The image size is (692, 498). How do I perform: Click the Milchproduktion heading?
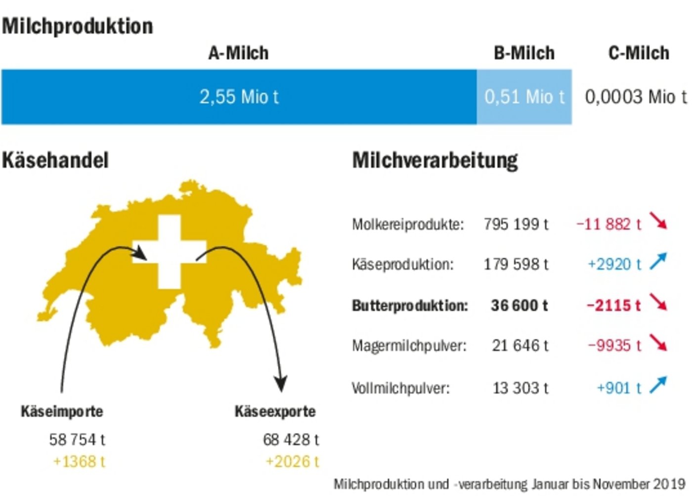(x=78, y=26)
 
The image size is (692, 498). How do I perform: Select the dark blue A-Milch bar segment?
(x=239, y=97)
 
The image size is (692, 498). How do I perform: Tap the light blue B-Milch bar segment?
(x=524, y=97)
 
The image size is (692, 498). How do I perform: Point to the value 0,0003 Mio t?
(x=635, y=97)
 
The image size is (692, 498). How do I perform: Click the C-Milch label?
(x=639, y=53)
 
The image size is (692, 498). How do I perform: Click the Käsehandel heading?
(x=55, y=160)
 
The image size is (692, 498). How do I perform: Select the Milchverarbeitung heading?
(x=435, y=160)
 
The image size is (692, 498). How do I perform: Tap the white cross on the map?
(x=170, y=252)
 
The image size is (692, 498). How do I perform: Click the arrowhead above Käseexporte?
(x=281, y=384)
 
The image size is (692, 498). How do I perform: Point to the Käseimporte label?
(x=62, y=411)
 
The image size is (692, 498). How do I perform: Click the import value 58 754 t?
(x=77, y=439)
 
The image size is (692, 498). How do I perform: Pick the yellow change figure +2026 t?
(x=292, y=461)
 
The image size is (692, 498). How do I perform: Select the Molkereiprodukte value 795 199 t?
(x=516, y=225)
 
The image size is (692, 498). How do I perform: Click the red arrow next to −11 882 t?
(x=658, y=221)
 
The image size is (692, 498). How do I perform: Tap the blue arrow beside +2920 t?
(x=658, y=262)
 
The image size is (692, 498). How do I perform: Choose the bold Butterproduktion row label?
(x=410, y=306)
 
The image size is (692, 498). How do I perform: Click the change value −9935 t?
(x=614, y=345)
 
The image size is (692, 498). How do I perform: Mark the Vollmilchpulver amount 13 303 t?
(x=520, y=388)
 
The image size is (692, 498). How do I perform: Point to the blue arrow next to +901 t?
(x=658, y=385)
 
